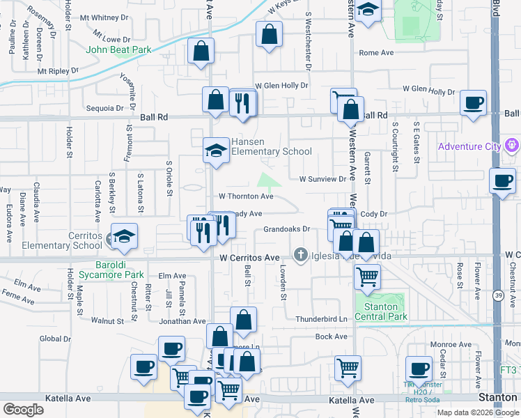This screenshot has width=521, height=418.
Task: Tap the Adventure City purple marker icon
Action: click(x=513, y=146)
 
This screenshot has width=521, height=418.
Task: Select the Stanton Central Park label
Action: click(x=381, y=311)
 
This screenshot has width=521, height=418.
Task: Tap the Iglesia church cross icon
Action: click(x=301, y=255)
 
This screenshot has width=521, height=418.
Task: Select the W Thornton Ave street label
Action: click(x=245, y=197)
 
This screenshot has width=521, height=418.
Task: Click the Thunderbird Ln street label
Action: click(x=321, y=318)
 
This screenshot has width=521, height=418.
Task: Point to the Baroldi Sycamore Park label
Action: click(x=110, y=270)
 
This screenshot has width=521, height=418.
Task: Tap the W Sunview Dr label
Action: click(x=322, y=179)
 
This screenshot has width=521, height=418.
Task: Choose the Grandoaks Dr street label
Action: click(x=286, y=229)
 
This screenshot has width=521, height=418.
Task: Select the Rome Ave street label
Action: click(x=376, y=53)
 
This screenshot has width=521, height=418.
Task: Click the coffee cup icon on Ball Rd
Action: click(x=474, y=102)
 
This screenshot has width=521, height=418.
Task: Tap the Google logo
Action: click(x=23, y=409)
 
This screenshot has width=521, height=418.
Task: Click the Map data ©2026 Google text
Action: click(x=478, y=412)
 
